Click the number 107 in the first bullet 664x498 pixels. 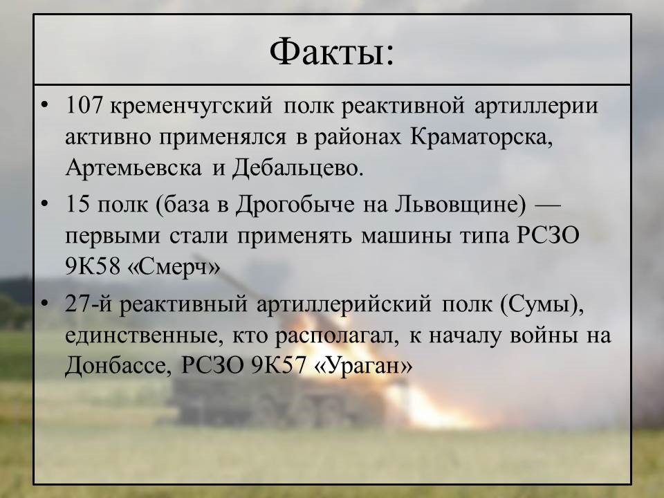(x=84, y=105)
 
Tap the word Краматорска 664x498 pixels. (x=481, y=138)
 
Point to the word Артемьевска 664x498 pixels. (x=133, y=167)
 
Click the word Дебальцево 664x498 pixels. (x=297, y=169)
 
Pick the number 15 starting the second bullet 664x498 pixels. (x=77, y=205)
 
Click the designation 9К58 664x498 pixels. (x=93, y=267)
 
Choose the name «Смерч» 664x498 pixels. (x=174, y=268)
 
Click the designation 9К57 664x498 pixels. (x=278, y=366)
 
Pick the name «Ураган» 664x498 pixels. (x=362, y=367)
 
